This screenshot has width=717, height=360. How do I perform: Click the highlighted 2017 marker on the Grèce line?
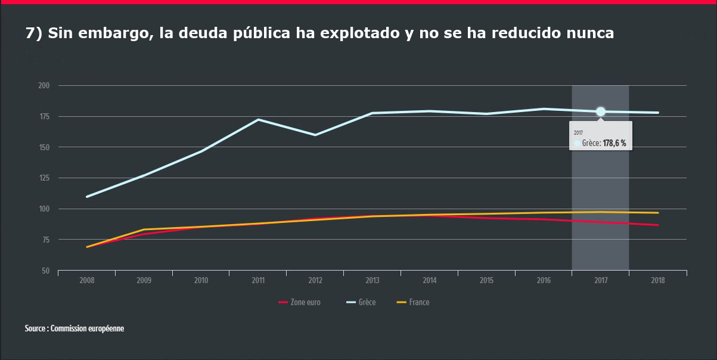click(x=600, y=111)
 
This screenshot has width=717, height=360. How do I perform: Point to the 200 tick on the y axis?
click(x=45, y=86)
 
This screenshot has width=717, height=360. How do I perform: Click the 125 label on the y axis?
click(x=45, y=178)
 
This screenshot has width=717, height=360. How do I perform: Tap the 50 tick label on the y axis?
click(x=46, y=271)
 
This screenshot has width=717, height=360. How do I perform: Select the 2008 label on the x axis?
click(x=87, y=280)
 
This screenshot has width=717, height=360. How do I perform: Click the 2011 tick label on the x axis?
click(x=258, y=280)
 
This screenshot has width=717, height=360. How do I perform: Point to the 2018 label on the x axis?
click(x=658, y=280)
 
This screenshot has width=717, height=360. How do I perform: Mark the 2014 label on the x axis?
click(x=430, y=280)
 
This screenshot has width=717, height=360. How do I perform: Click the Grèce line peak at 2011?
click(x=258, y=119)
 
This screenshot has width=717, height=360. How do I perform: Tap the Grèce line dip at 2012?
click(x=315, y=135)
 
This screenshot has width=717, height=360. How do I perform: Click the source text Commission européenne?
click(x=88, y=328)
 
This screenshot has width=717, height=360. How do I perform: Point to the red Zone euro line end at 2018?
click(x=657, y=225)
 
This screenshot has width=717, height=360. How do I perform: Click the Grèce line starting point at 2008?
click(x=87, y=197)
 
